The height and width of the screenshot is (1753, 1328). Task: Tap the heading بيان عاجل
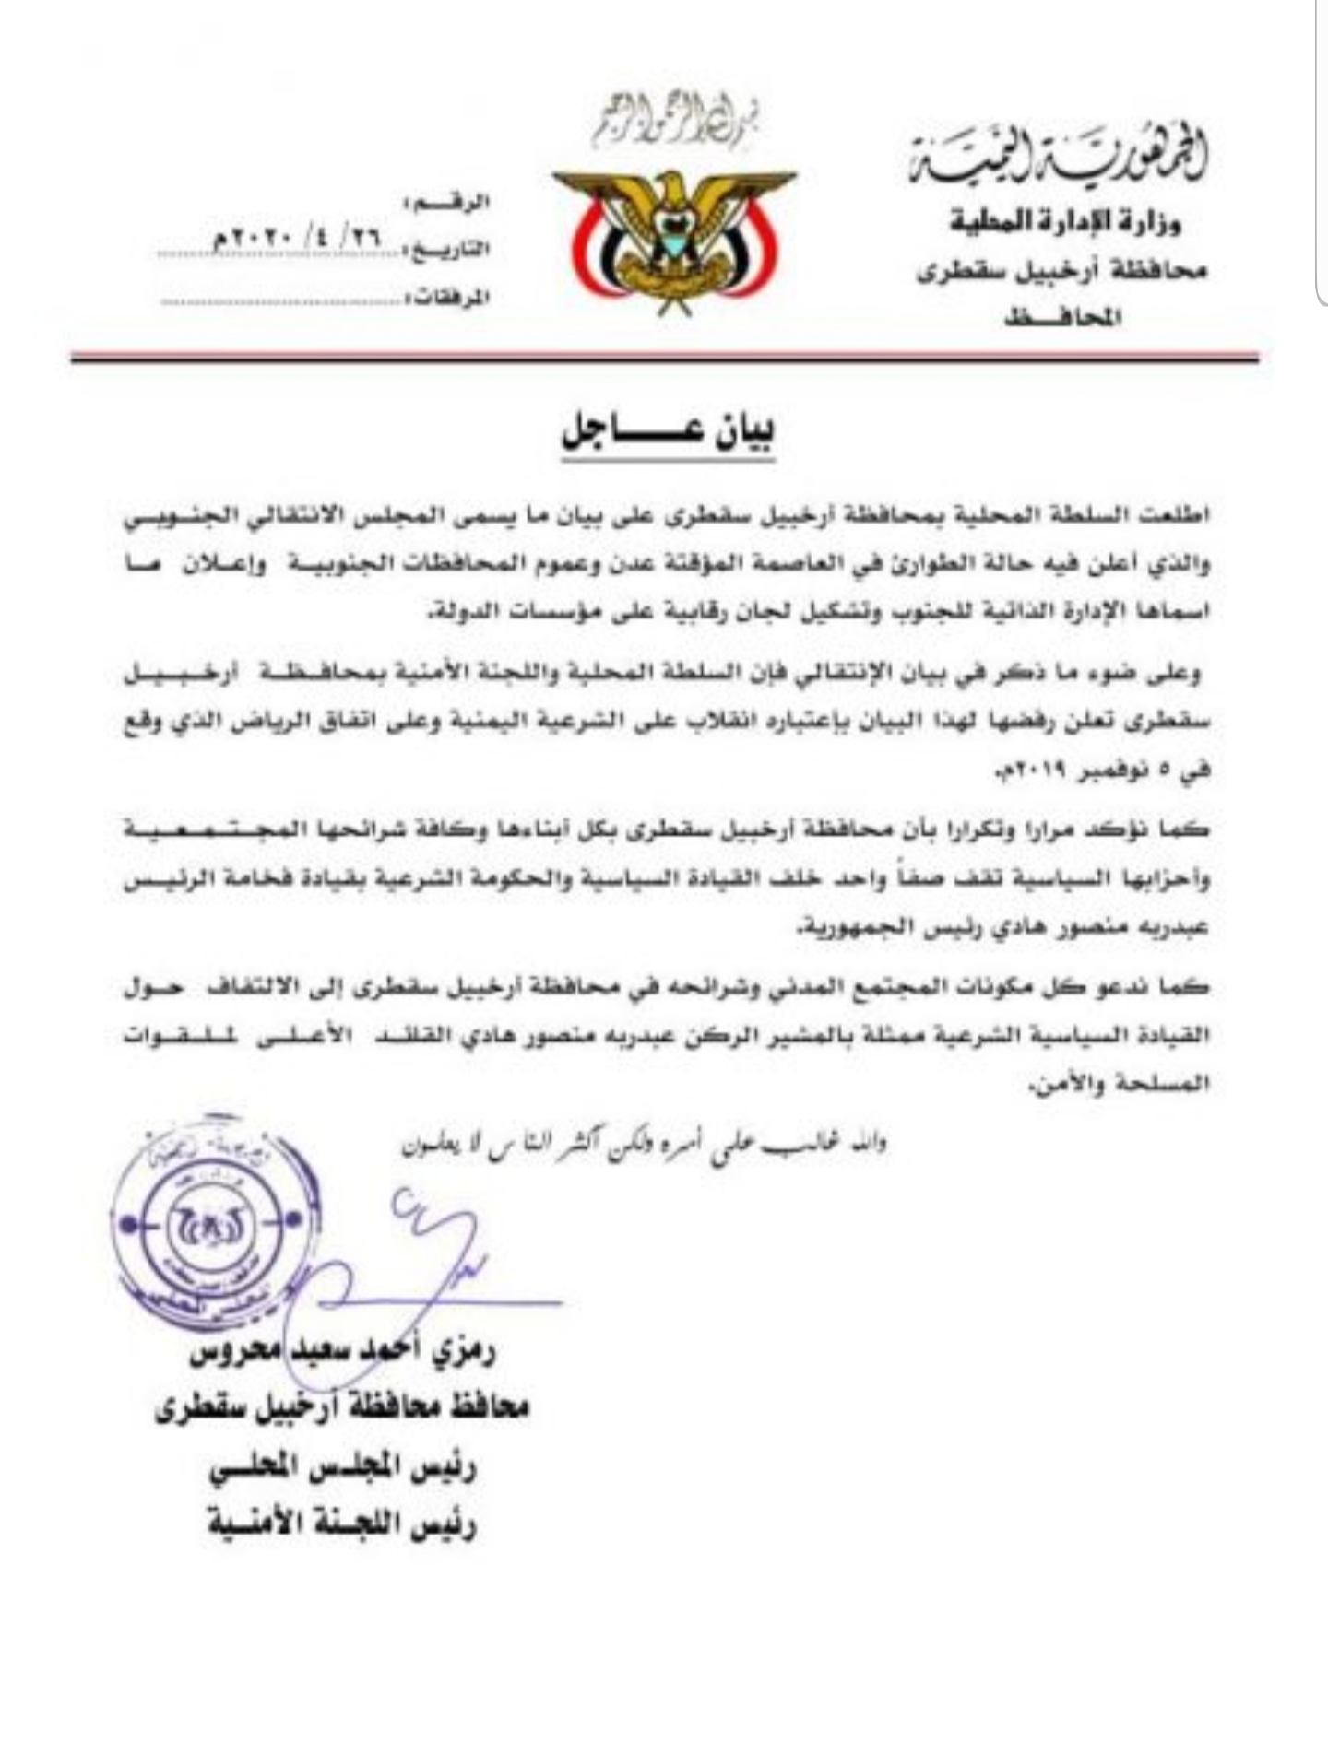(x=668, y=434)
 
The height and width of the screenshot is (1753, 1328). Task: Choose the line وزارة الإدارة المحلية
(x=1066, y=222)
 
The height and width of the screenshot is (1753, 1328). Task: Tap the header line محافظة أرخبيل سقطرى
(x=1061, y=272)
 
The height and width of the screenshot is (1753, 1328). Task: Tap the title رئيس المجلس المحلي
(x=341, y=1468)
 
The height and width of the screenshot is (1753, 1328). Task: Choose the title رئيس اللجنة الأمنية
(x=341, y=1525)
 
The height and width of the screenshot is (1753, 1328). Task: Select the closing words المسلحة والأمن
(x=1116, y=1085)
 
